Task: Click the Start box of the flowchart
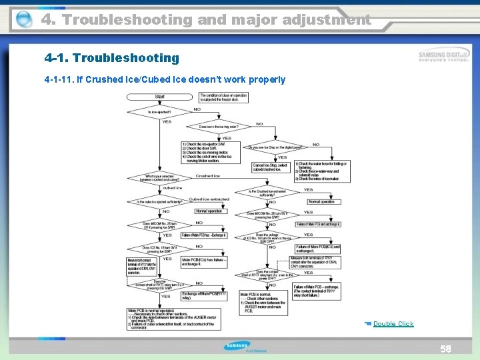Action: (x=160, y=97)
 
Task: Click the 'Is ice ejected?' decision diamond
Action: (x=159, y=112)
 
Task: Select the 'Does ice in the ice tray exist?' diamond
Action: (x=219, y=126)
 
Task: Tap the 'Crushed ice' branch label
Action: (x=208, y=176)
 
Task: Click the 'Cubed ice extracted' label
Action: (x=209, y=199)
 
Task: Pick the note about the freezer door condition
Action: (x=223, y=99)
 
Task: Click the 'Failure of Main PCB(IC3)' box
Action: (x=317, y=249)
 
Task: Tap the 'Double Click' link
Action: (x=393, y=324)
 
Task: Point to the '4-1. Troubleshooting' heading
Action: (x=111, y=58)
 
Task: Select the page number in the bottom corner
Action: (x=445, y=349)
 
